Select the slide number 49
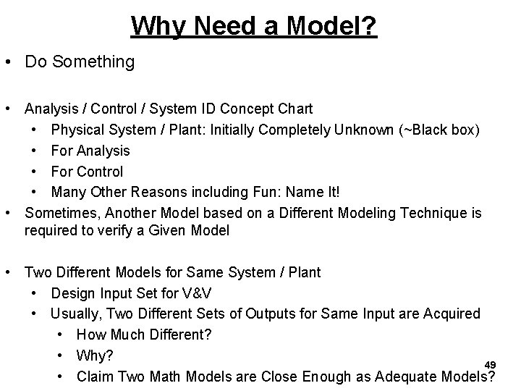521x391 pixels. [x=490, y=363]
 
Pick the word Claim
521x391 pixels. [x=94, y=376]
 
